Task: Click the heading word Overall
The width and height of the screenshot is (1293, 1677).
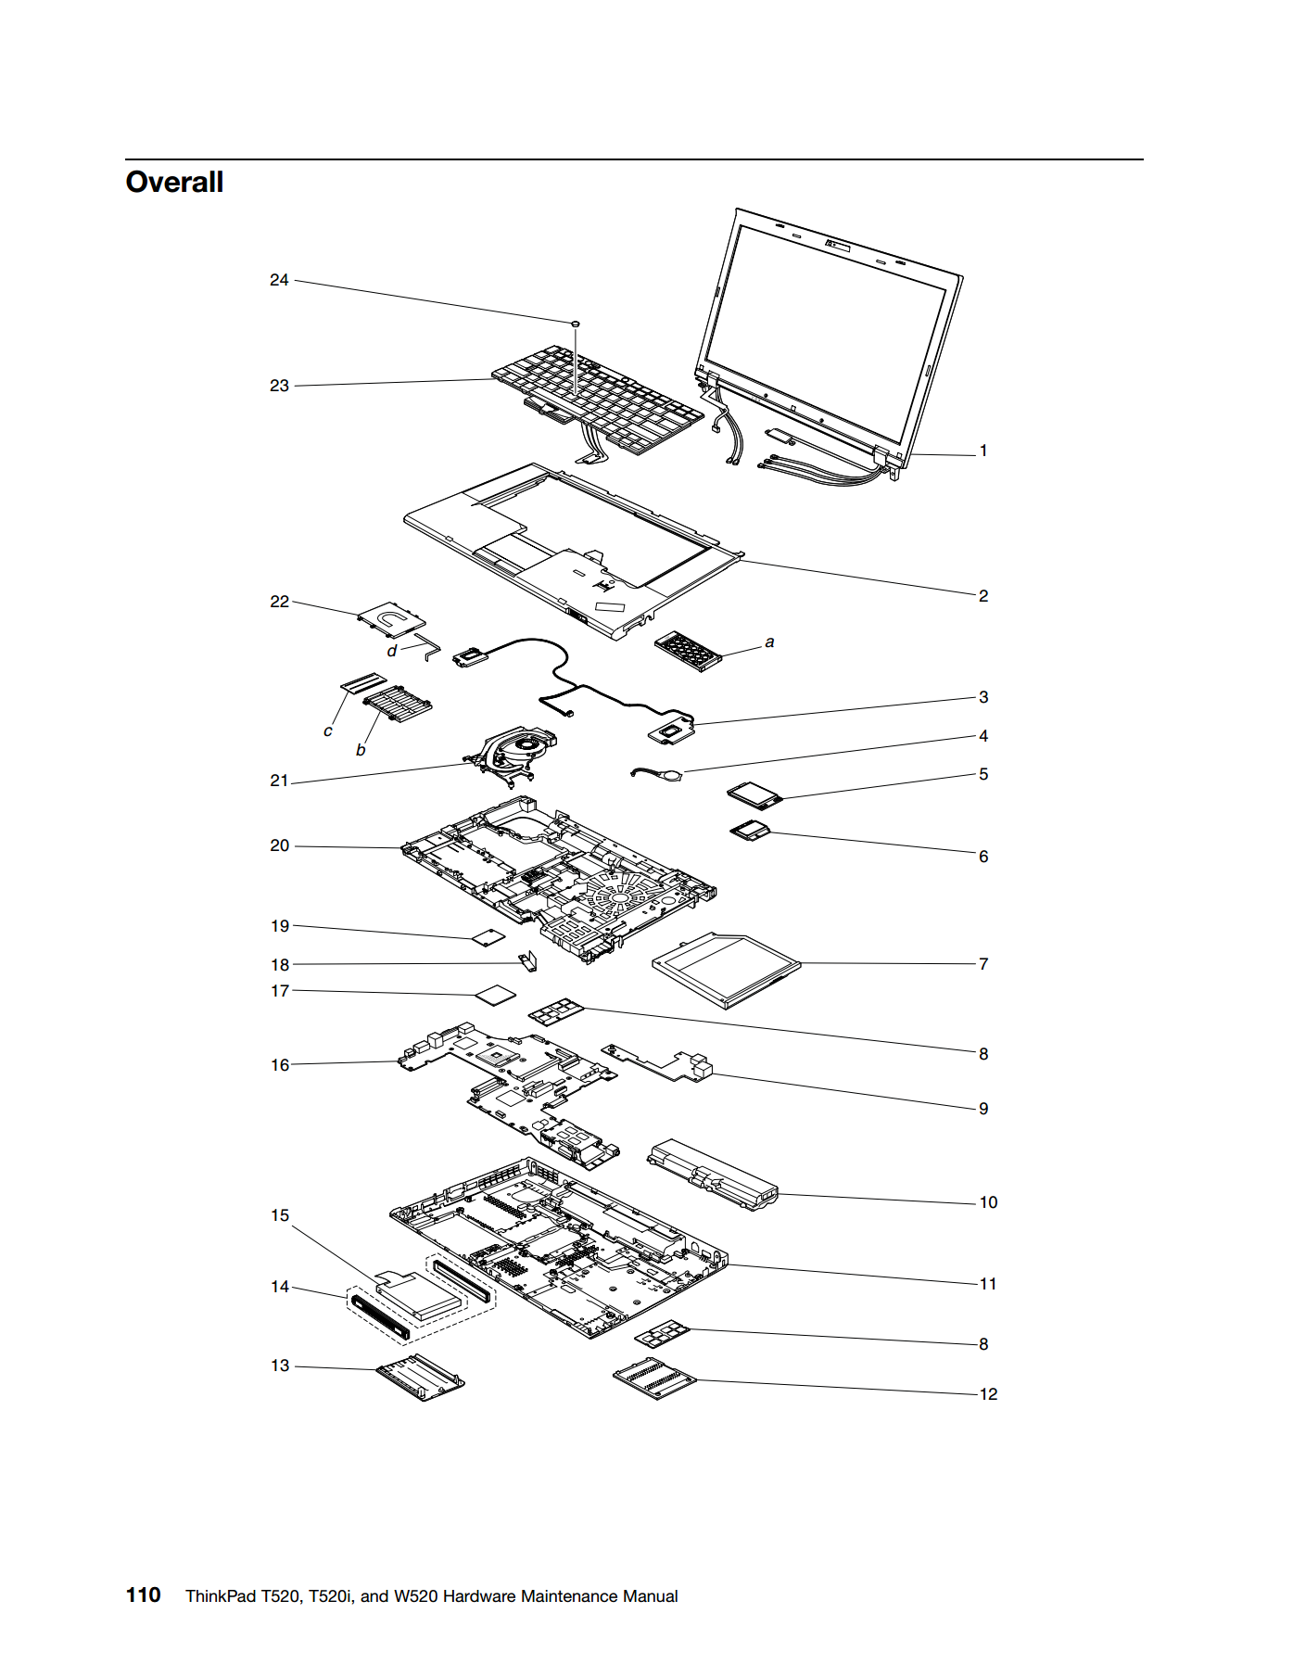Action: (x=174, y=182)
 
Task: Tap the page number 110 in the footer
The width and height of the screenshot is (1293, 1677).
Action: (x=143, y=1594)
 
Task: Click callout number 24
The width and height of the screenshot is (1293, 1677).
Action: (x=279, y=280)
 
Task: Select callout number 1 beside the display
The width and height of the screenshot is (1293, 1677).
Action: (x=983, y=451)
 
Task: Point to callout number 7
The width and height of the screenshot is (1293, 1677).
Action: (x=983, y=964)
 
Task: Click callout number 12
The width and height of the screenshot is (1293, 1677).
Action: (x=988, y=1394)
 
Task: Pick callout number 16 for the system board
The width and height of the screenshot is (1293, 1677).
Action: (x=280, y=1065)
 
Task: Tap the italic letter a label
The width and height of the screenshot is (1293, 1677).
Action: (x=769, y=642)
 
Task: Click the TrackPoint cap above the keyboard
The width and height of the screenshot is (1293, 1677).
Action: (x=576, y=324)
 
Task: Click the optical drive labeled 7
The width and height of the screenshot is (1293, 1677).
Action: (x=726, y=969)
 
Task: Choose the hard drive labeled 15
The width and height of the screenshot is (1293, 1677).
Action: (x=419, y=1294)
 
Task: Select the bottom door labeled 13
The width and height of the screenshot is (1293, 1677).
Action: (x=420, y=1378)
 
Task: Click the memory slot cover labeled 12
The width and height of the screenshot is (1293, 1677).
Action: (x=654, y=1378)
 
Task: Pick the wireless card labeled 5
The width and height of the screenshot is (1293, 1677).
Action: (x=755, y=795)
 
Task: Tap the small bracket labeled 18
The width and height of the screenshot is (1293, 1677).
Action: (x=528, y=961)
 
